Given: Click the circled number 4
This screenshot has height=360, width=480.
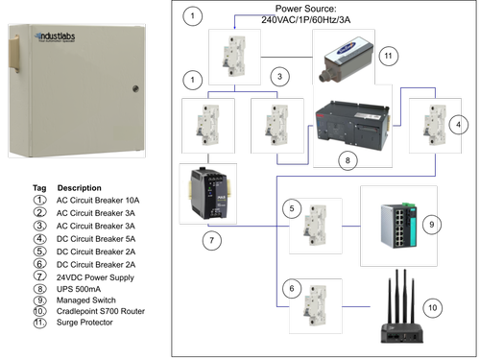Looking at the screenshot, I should pos(459,125).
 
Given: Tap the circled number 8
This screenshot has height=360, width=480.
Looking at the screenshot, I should pos(347,158).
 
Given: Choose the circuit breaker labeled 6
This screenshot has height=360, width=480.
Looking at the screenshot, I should pos(314,308).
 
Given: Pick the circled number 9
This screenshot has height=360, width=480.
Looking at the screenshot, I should pos(432,224).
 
